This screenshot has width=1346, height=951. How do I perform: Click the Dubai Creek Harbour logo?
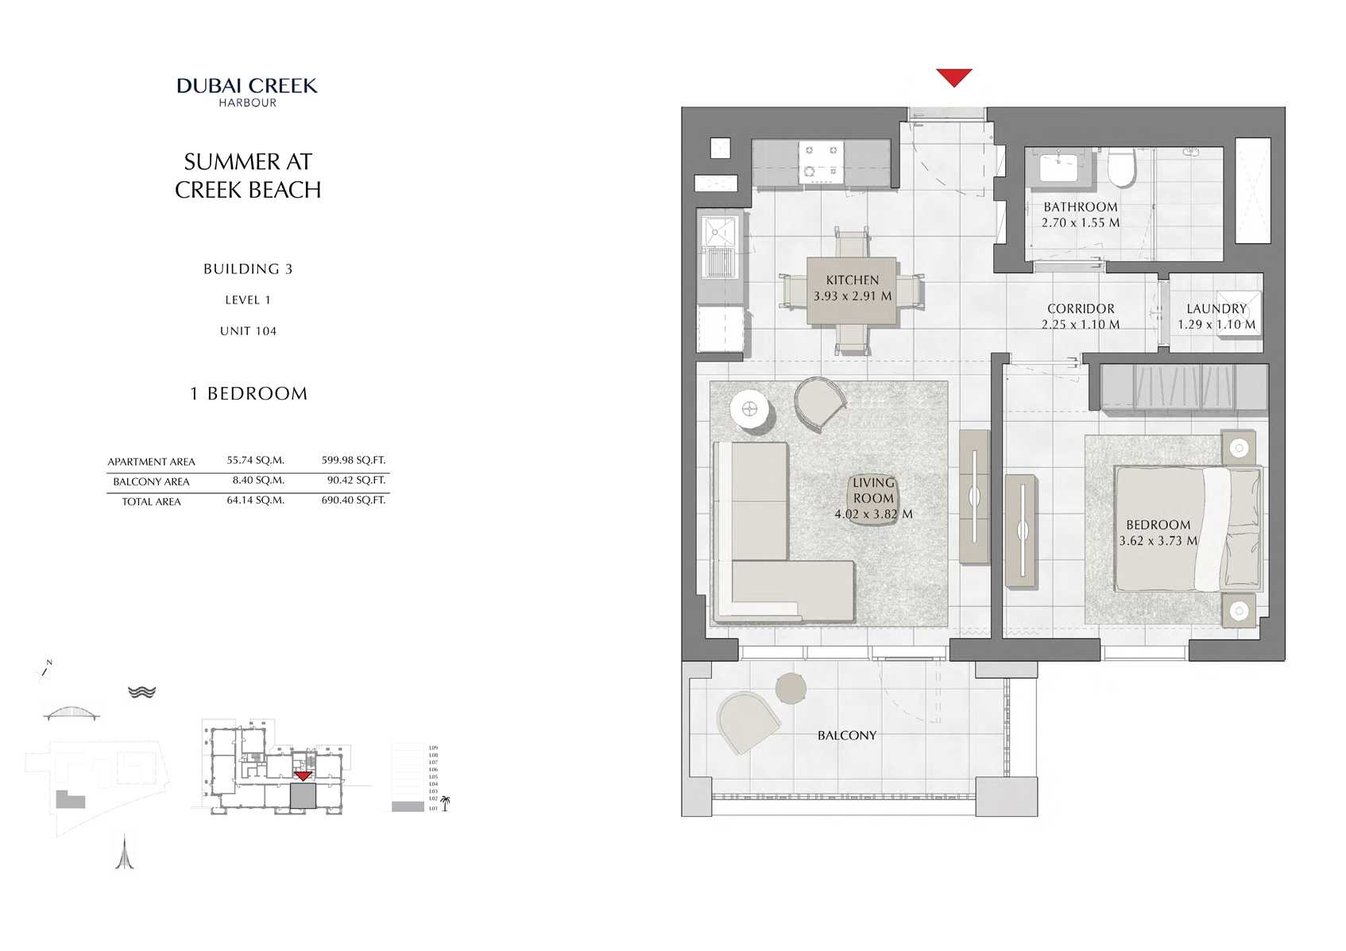point(247,91)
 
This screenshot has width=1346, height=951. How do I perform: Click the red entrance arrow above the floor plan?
point(953,77)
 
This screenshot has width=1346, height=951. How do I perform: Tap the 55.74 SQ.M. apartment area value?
point(255,460)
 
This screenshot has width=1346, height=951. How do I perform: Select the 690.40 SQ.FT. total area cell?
point(353,500)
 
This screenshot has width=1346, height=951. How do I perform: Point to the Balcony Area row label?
point(151,481)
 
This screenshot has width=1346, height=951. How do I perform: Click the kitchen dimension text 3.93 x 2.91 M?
point(852,296)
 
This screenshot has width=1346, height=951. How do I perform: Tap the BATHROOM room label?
point(1080,207)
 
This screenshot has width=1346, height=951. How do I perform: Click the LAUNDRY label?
point(1216,308)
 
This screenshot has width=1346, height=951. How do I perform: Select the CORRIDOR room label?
point(1080,308)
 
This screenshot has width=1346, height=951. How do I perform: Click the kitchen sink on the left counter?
point(721,232)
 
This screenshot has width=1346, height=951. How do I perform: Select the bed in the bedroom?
point(1187,528)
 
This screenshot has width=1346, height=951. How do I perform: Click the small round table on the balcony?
point(790,688)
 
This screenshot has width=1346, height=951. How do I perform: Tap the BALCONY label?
point(846,736)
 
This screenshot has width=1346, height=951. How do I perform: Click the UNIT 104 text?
point(248,331)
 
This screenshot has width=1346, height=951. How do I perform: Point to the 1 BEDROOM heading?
point(249,394)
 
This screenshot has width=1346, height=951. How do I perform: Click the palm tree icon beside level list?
point(445,804)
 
